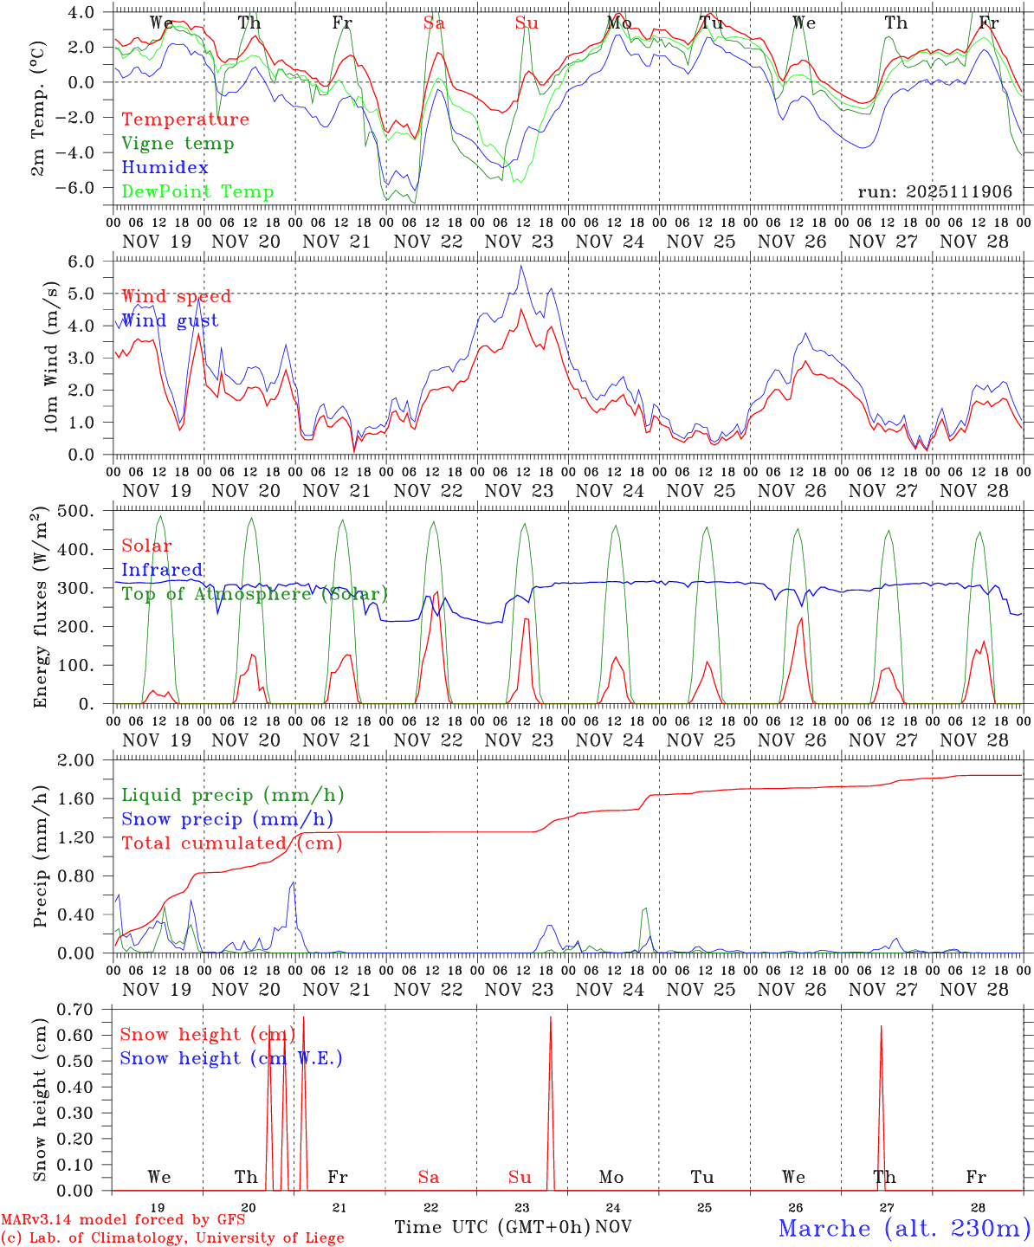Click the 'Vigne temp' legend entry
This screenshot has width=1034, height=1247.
pos(178,144)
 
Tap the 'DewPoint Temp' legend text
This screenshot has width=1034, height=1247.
pos(197,192)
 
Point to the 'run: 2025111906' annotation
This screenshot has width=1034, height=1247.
pos(934,192)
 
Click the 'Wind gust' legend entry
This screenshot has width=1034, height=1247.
pos(170,320)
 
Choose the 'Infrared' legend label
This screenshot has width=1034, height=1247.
pos(162,570)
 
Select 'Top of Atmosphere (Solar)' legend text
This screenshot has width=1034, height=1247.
pos(255,594)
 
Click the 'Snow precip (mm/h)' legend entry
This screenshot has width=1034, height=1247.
pos(227,819)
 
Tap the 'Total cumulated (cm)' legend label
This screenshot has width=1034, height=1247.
pos(231,843)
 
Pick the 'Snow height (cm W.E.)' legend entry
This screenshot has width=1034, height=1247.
pos(231,1058)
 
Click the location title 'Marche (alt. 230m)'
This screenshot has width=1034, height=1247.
pos(904,1228)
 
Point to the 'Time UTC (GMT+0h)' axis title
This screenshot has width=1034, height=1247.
pos(492,1227)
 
